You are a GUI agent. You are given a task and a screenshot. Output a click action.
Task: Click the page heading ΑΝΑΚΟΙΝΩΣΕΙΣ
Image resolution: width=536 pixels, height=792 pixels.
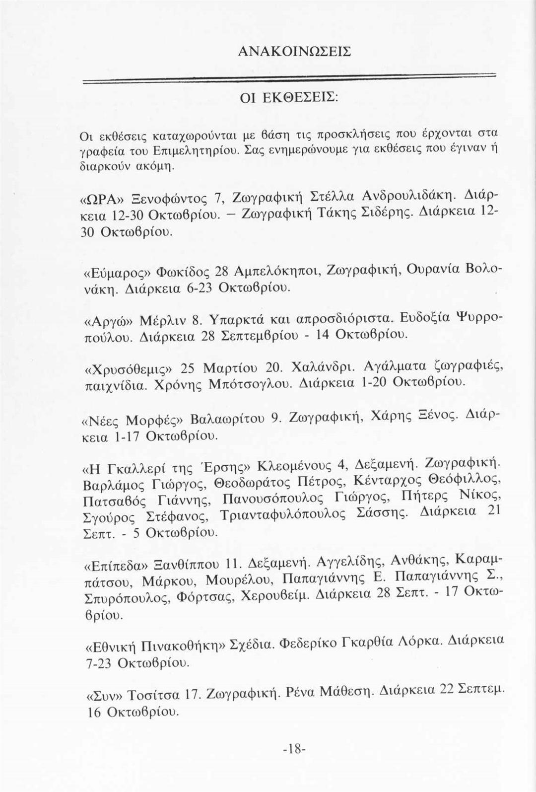point(295,51)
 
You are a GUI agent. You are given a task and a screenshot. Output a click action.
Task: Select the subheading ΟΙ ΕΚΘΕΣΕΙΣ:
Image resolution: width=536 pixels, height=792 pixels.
point(289,98)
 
